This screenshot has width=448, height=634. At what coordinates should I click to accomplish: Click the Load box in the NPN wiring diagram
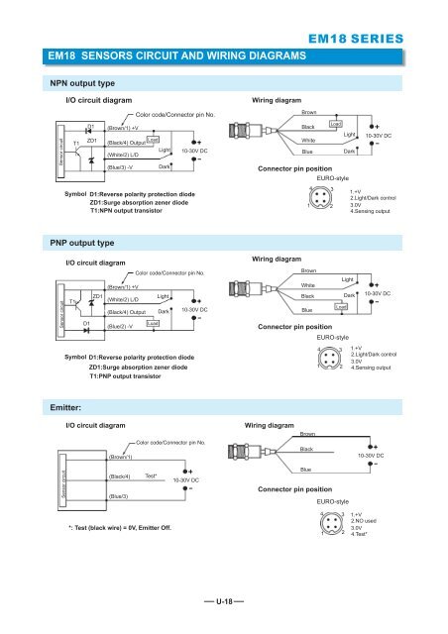[x=336, y=124]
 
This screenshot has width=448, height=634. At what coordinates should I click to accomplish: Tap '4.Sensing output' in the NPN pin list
[x=375, y=212]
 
